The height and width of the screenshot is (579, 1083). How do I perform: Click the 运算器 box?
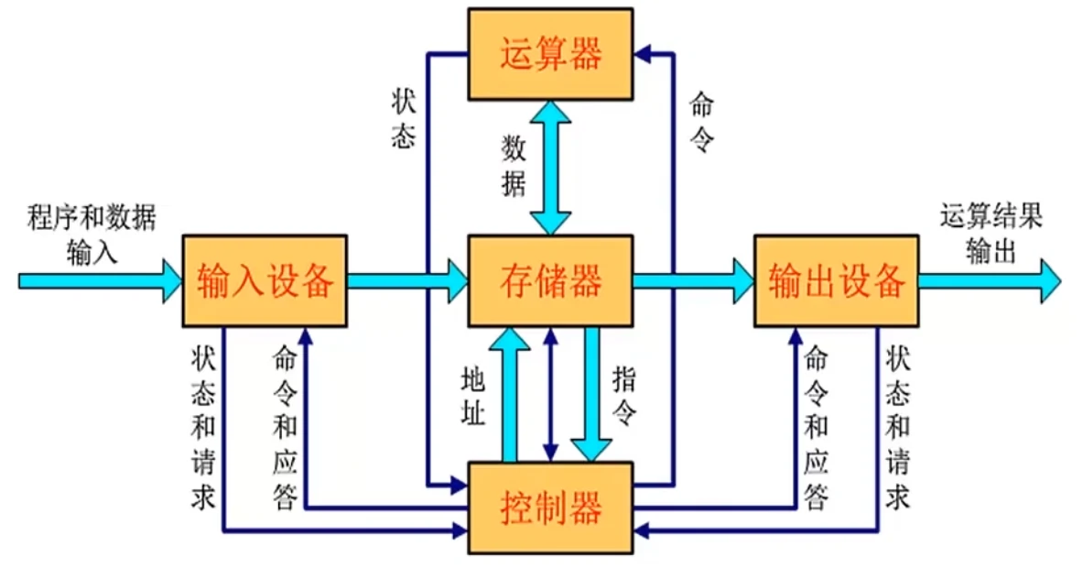(x=550, y=54)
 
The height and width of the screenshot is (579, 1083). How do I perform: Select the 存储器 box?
(x=550, y=280)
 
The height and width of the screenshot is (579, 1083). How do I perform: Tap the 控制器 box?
(x=550, y=507)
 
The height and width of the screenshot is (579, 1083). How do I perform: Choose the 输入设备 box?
(x=265, y=280)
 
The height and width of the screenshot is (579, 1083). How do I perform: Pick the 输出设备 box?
(x=836, y=280)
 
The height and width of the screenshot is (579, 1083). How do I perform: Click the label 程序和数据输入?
(x=92, y=233)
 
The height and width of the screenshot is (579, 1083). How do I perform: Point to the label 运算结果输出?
(x=991, y=233)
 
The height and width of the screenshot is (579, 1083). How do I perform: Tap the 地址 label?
(x=473, y=396)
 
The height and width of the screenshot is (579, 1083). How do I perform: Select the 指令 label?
(x=624, y=396)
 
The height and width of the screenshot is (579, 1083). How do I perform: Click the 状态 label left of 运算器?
(x=404, y=118)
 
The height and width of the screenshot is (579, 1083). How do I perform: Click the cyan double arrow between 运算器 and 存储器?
(x=552, y=167)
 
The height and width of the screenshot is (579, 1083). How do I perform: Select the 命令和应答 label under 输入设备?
(x=285, y=426)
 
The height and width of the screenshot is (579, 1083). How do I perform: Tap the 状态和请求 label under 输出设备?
(x=898, y=426)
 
